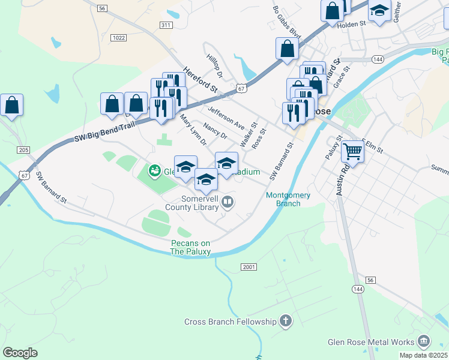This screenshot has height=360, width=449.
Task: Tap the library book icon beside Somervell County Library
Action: tap(228, 203)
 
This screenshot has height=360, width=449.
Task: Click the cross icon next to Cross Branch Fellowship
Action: tap(286, 322)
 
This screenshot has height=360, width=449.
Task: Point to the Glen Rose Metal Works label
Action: tap(371, 342)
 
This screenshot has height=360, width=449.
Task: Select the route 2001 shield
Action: tap(249, 266)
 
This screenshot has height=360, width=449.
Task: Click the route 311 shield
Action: tap(166, 25)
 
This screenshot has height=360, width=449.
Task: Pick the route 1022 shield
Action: tap(119, 38)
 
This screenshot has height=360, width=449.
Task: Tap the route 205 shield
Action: tap(23, 150)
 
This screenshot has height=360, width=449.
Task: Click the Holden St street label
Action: tap(352, 23)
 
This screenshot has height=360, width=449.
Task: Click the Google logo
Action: tap(20, 353)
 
